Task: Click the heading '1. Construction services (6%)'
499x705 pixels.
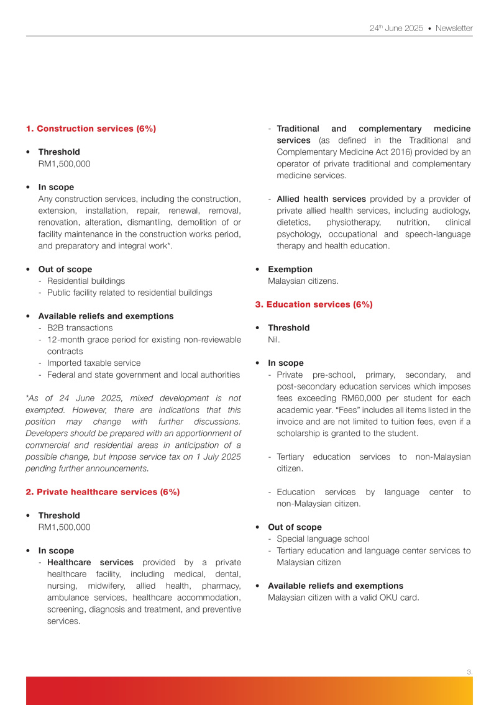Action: coord(91,129)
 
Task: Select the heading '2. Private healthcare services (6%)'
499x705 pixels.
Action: coord(103,492)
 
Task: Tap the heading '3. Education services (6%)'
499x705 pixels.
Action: coord(314,304)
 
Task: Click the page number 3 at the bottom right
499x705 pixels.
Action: coord(469,671)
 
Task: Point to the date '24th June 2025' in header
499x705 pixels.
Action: coord(396,29)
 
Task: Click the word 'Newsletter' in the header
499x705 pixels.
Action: coord(454,29)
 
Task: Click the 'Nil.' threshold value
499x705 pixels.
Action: coord(274,340)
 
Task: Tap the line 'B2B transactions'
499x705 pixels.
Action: coord(80,328)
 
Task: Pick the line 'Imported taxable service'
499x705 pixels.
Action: coord(94,363)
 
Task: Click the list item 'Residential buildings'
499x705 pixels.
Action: coord(86,281)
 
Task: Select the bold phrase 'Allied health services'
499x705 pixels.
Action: coord(321,199)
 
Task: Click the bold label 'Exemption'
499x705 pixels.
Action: coord(290,269)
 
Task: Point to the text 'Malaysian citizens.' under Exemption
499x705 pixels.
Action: coord(303,281)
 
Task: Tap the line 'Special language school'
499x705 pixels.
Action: coord(323,539)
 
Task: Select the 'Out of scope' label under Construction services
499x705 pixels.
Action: coord(65,269)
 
